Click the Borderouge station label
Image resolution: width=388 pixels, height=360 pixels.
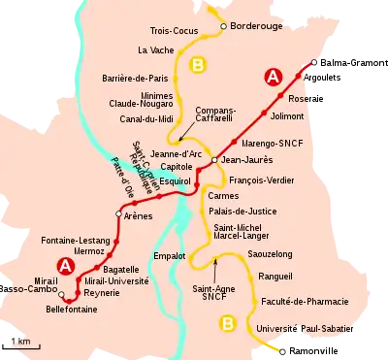pyautogui.click(x=262, y=27)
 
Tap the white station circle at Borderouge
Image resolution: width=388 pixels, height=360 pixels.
pyautogui.click(x=223, y=26)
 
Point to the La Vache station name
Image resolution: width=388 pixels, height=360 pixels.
pyautogui.click(x=154, y=49)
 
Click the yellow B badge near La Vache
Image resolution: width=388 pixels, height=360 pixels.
pyautogui.click(x=199, y=65)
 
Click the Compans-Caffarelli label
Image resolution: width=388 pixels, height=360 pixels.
pyautogui.click(x=216, y=117)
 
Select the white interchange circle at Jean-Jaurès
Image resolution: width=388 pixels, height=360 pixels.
pyautogui.click(x=214, y=159)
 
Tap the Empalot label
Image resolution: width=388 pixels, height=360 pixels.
pyautogui.click(x=170, y=256)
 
